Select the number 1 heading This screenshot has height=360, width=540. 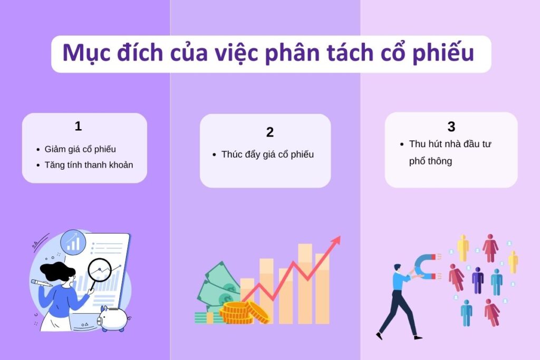[78, 127]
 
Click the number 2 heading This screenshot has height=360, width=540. [270, 132]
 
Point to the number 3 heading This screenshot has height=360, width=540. [451, 127]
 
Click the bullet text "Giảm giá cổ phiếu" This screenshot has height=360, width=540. [80, 149]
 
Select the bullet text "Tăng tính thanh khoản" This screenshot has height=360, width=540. [89, 164]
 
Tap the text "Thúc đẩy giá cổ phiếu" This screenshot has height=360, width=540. [267, 154]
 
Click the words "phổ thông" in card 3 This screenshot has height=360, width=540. [430, 161]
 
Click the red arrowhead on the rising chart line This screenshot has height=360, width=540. [335, 241]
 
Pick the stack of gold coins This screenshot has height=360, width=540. [237, 312]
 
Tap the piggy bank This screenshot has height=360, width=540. [114, 318]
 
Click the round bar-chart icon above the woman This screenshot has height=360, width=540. [73, 242]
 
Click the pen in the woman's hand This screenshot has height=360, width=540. [39, 283]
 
